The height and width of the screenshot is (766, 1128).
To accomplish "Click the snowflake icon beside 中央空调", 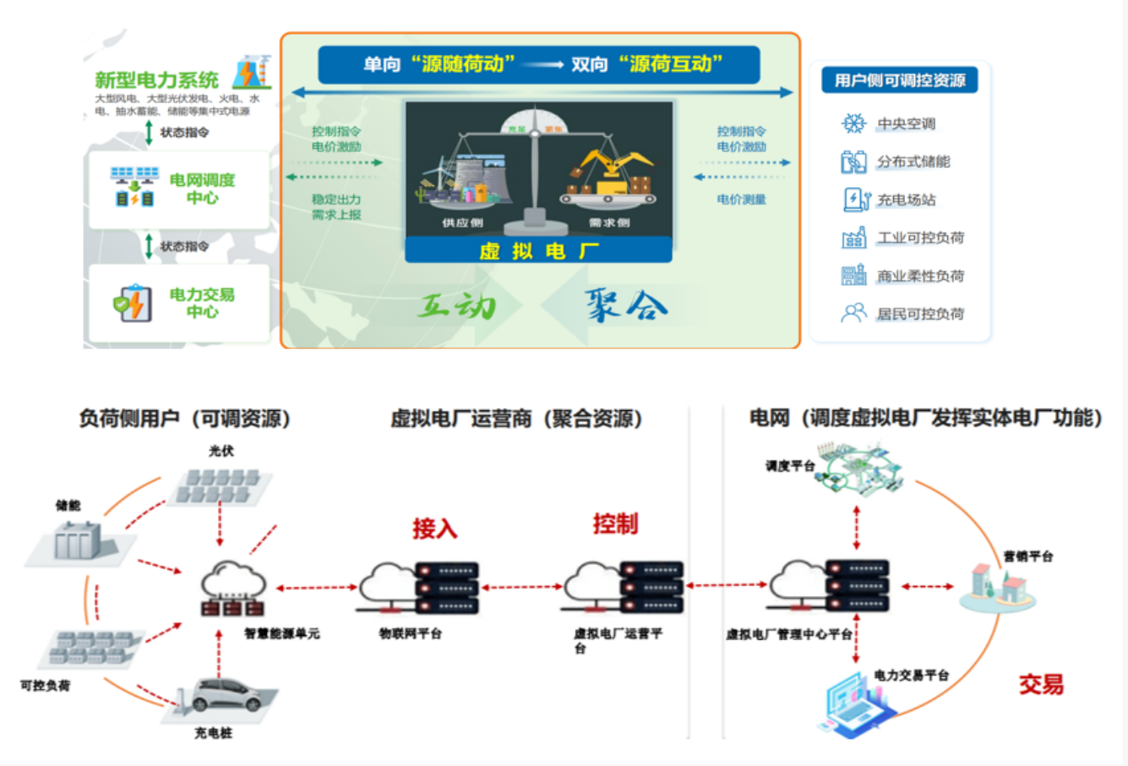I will [x=853, y=123].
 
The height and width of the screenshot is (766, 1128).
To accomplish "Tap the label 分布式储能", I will [x=913, y=161].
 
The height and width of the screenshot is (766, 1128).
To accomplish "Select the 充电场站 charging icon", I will [x=855, y=200].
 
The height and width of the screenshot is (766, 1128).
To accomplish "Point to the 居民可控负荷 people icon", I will [x=853, y=314].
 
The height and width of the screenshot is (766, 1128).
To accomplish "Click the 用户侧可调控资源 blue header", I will [x=899, y=80].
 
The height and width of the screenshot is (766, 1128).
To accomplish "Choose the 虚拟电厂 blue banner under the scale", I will [x=538, y=251].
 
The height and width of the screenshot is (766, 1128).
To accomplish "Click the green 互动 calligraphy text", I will [x=457, y=305].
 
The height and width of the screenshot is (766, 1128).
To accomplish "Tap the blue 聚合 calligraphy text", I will [x=625, y=305].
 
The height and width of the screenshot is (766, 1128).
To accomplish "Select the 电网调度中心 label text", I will [x=202, y=189].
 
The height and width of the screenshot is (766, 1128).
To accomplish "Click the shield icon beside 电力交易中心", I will [x=132, y=304].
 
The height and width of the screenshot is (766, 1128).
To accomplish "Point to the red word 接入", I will [x=434, y=529].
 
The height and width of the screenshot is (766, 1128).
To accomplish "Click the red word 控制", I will [x=615, y=524].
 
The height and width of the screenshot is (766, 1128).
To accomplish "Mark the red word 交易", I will [x=1041, y=684].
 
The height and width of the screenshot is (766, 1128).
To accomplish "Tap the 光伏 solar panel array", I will [x=222, y=487].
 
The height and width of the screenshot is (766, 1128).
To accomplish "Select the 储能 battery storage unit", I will [x=79, y=540].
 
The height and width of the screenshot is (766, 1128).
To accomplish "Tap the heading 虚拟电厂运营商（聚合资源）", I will [x=516, y=419].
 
